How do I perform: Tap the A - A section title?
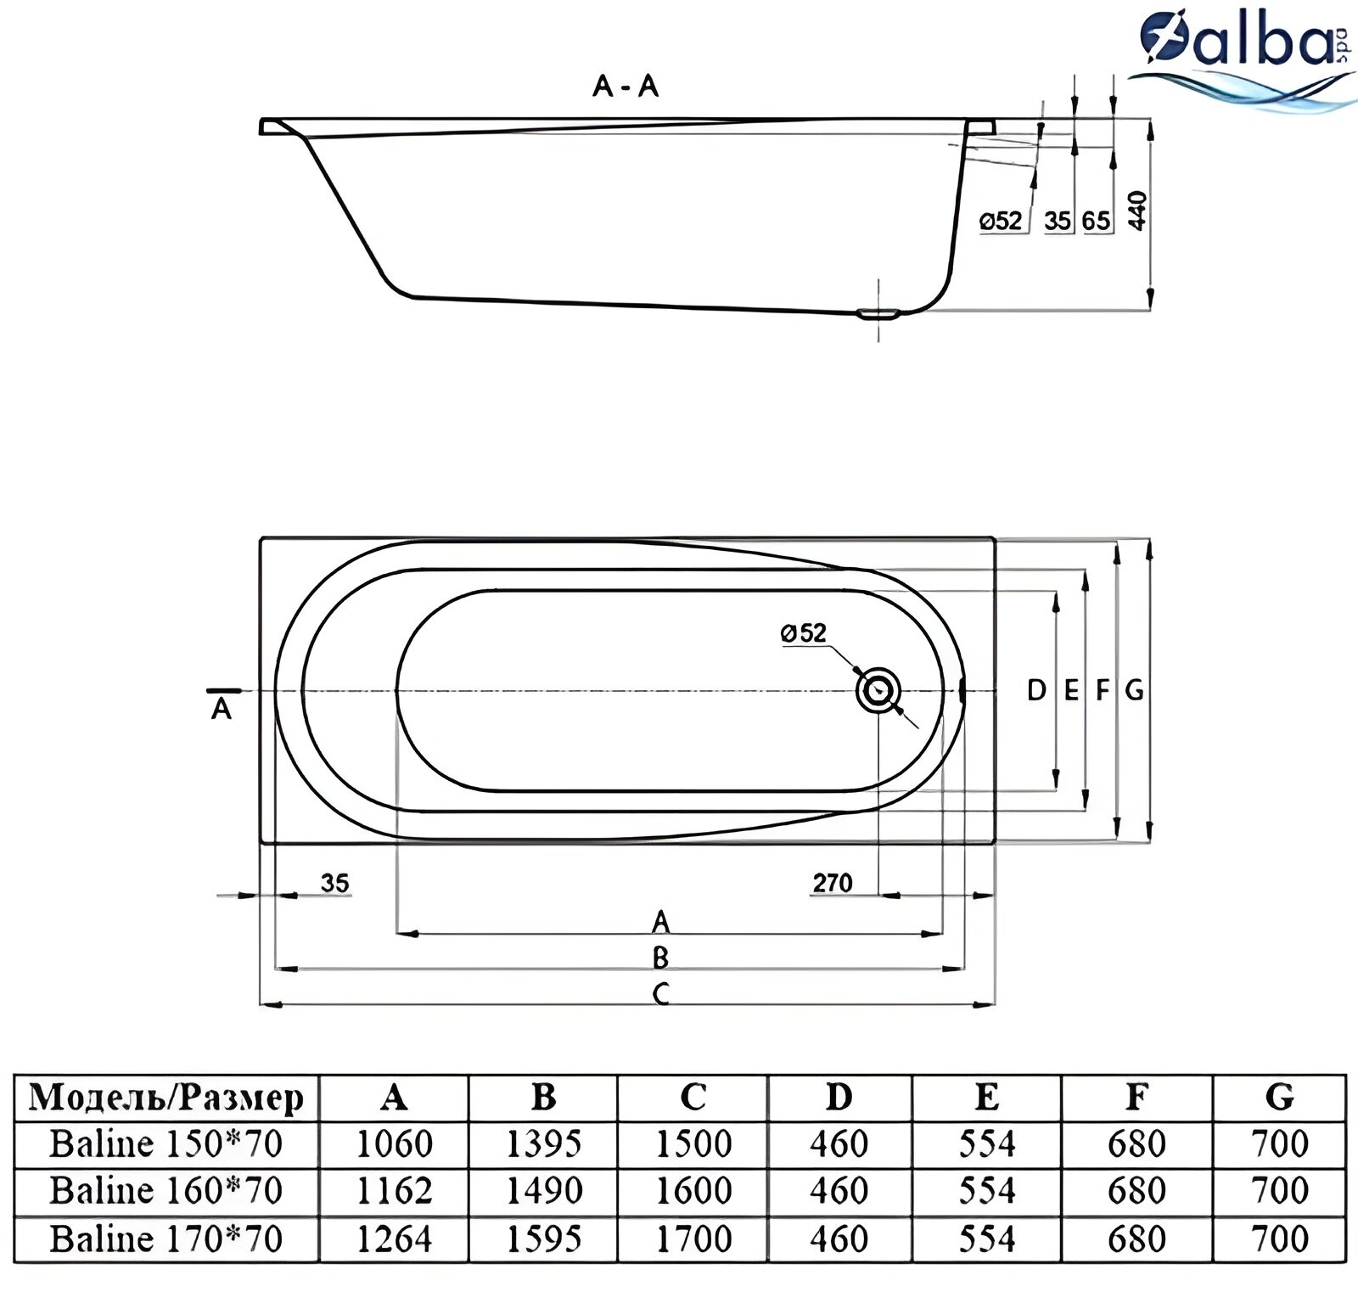point(626,86)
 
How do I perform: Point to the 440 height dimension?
point(1137,210)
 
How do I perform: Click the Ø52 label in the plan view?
point(803,632)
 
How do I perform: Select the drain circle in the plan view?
point(878,690)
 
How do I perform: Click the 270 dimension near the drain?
point(832,883)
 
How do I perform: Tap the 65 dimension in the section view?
point(1096,222)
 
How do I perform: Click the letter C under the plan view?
point(660,993)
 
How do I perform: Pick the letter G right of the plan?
point(1134,690)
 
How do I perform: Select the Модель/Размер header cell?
point(166,1098)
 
